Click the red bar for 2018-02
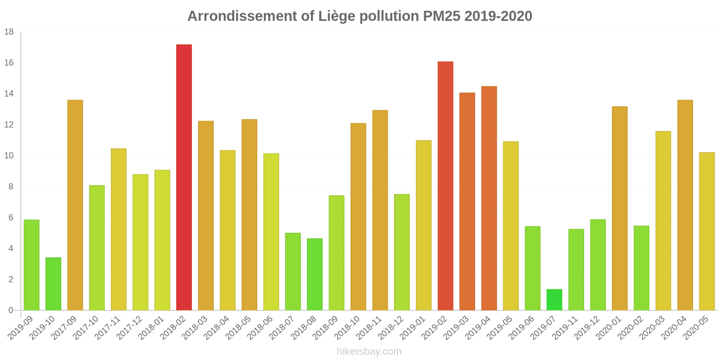click(184, 177)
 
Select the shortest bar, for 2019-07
click(554, 300)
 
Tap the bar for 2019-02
click(445, 186)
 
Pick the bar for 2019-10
click(53, 284)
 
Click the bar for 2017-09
click(75, 205)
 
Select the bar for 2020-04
click(685, 205)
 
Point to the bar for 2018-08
click(315, 274)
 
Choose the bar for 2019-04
click(489, 198)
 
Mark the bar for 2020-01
click(620, 208)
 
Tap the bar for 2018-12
click(402, 252)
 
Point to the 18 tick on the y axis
click(9, 32)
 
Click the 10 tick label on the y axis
click(9, 156)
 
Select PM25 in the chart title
click(441, 16)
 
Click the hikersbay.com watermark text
click(369, 351)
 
